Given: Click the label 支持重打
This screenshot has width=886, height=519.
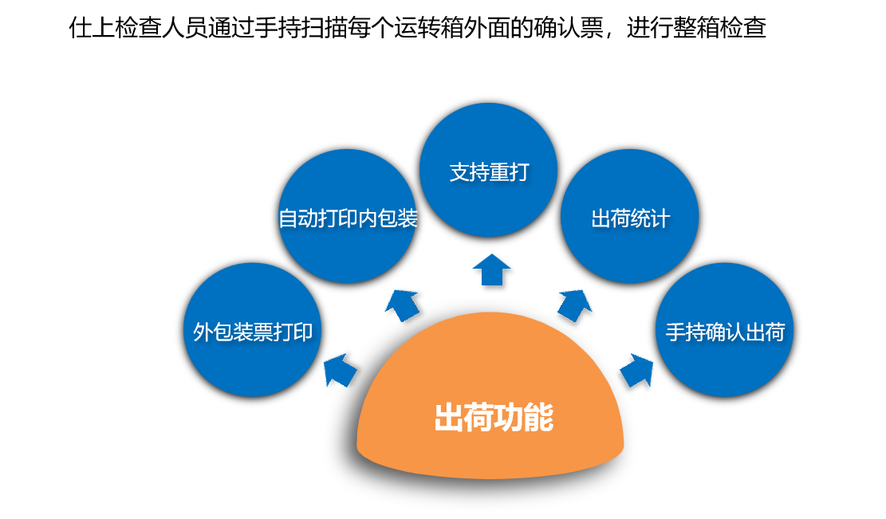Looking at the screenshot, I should (489, 172).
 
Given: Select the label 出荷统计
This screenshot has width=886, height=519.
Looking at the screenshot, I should (630, 218).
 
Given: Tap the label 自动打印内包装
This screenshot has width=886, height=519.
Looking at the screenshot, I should (348, 218).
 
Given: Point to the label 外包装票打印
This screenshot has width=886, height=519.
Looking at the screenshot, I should (253, 332).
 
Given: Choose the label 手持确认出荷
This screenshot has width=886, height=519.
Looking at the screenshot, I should (725, 332).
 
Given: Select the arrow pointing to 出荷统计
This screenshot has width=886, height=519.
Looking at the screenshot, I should (573, 304).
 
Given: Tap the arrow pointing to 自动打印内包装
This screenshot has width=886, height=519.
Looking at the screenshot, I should (403, 304).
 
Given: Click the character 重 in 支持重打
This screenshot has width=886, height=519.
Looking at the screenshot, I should (499, 172).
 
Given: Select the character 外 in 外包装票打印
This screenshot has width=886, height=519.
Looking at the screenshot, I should (203, 332).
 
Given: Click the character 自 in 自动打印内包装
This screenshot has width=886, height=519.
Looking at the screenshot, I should (287, 218).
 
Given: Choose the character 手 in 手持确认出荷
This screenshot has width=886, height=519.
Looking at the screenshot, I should (676, 332).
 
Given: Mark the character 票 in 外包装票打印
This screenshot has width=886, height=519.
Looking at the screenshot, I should (263, 332).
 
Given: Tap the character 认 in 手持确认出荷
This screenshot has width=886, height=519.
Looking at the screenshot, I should (735, 332).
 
